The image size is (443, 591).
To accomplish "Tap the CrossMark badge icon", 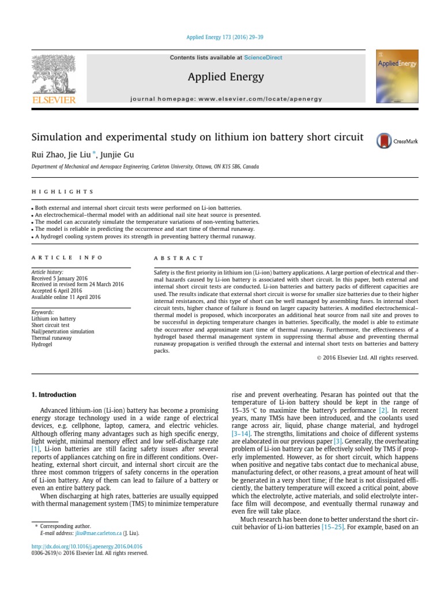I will point(384,140).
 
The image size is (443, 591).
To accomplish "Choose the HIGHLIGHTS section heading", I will point(62,192).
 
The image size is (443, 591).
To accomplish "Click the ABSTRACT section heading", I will point(179,258).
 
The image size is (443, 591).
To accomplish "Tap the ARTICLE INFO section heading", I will point(67,257).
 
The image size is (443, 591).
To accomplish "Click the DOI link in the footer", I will point(86,546).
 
